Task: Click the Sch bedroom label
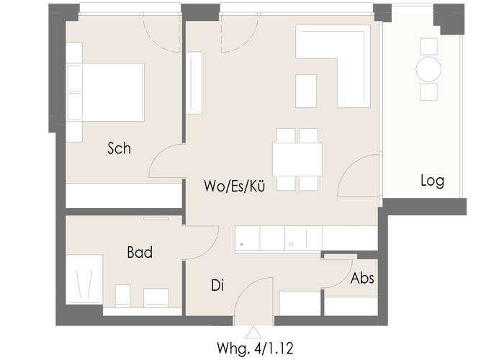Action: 119,148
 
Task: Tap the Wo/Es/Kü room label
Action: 234,186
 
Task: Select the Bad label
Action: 140,252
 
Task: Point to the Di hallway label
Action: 217,285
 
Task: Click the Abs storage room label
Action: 362,278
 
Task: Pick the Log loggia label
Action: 432,181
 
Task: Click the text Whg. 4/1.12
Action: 255,348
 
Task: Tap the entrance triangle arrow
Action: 253,333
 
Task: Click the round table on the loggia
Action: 428,69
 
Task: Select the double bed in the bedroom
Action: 105,92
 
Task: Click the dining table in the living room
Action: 297,159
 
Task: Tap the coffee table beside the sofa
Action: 306,91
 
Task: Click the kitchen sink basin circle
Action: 291,244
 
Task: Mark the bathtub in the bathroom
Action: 84,279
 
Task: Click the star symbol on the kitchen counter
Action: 242,244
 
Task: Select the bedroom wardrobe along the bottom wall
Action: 124,196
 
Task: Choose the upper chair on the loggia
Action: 428,47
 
